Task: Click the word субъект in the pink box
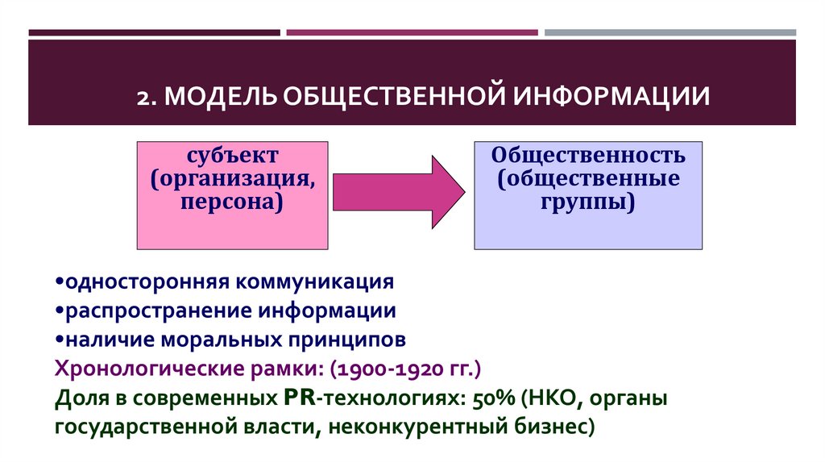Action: coord(233,154)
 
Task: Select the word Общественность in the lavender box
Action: coord(589,154)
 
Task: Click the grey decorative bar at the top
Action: coord(670,32)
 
